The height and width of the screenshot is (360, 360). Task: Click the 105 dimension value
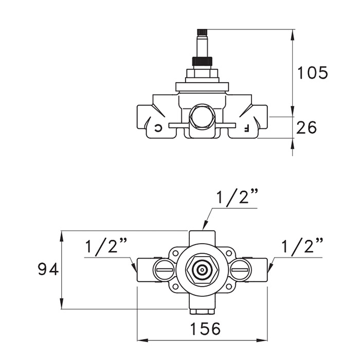tap(313, 73)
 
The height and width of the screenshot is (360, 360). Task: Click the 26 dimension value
tap(307, 128)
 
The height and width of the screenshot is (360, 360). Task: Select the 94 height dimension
tap(48, 269)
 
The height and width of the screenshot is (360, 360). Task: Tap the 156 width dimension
tap(206, 329)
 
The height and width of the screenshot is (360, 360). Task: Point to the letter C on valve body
tap(158, 128)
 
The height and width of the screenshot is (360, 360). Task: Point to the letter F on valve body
tap(246, 129)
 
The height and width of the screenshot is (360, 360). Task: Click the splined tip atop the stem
tap(202, 32)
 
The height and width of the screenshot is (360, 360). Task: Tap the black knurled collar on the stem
tap(202, 61)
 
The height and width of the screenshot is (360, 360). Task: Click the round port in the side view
tap(202, 115)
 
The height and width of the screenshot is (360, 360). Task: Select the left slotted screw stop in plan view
tap(164, 269)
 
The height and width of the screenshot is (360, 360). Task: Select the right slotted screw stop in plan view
tap(240, 269)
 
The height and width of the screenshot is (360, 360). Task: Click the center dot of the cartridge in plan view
tap(202, 270)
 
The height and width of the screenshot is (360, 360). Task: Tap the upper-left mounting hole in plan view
tap(175, 253)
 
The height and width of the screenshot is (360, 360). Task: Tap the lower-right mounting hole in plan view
tap(229, 286)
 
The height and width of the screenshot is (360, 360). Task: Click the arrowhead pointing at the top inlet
tap(205, 226)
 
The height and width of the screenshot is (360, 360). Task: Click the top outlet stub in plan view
tap(202, 238)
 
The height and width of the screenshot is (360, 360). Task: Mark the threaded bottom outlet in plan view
tap(202, 312)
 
